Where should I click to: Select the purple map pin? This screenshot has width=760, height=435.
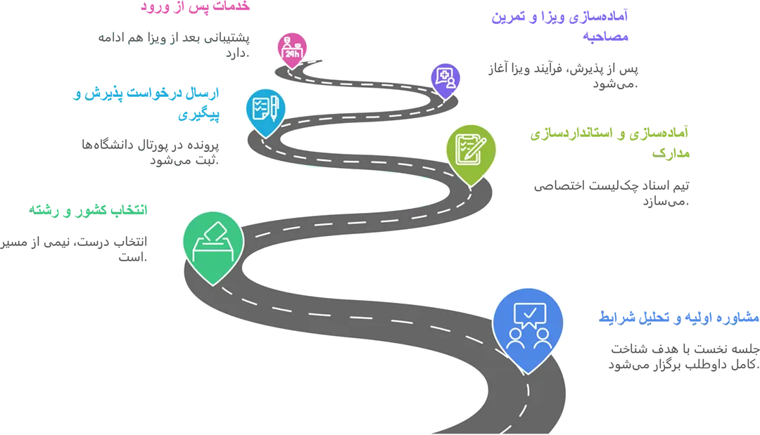click(445, 79)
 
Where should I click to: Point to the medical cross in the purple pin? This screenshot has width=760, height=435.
click(443, 74)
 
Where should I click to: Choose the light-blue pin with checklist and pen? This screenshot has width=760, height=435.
click(265, 110)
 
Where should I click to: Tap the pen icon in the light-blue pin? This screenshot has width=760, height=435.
click(274, 108)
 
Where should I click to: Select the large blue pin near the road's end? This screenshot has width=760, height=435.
click(528, 327)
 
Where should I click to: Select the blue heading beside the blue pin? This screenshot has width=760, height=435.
click(677, 318)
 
